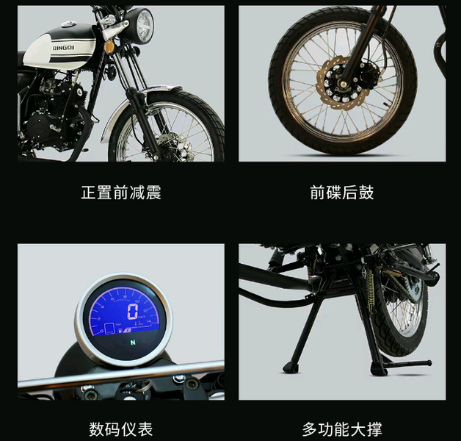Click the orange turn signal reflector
point(109,47)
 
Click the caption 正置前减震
point(120,193)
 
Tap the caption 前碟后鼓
point(342,193)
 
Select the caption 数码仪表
point(120,429)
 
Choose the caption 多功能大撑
point(342,429)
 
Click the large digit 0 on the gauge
point(132,312)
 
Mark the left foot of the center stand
point(291,365)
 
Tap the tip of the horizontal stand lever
point(428,363)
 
